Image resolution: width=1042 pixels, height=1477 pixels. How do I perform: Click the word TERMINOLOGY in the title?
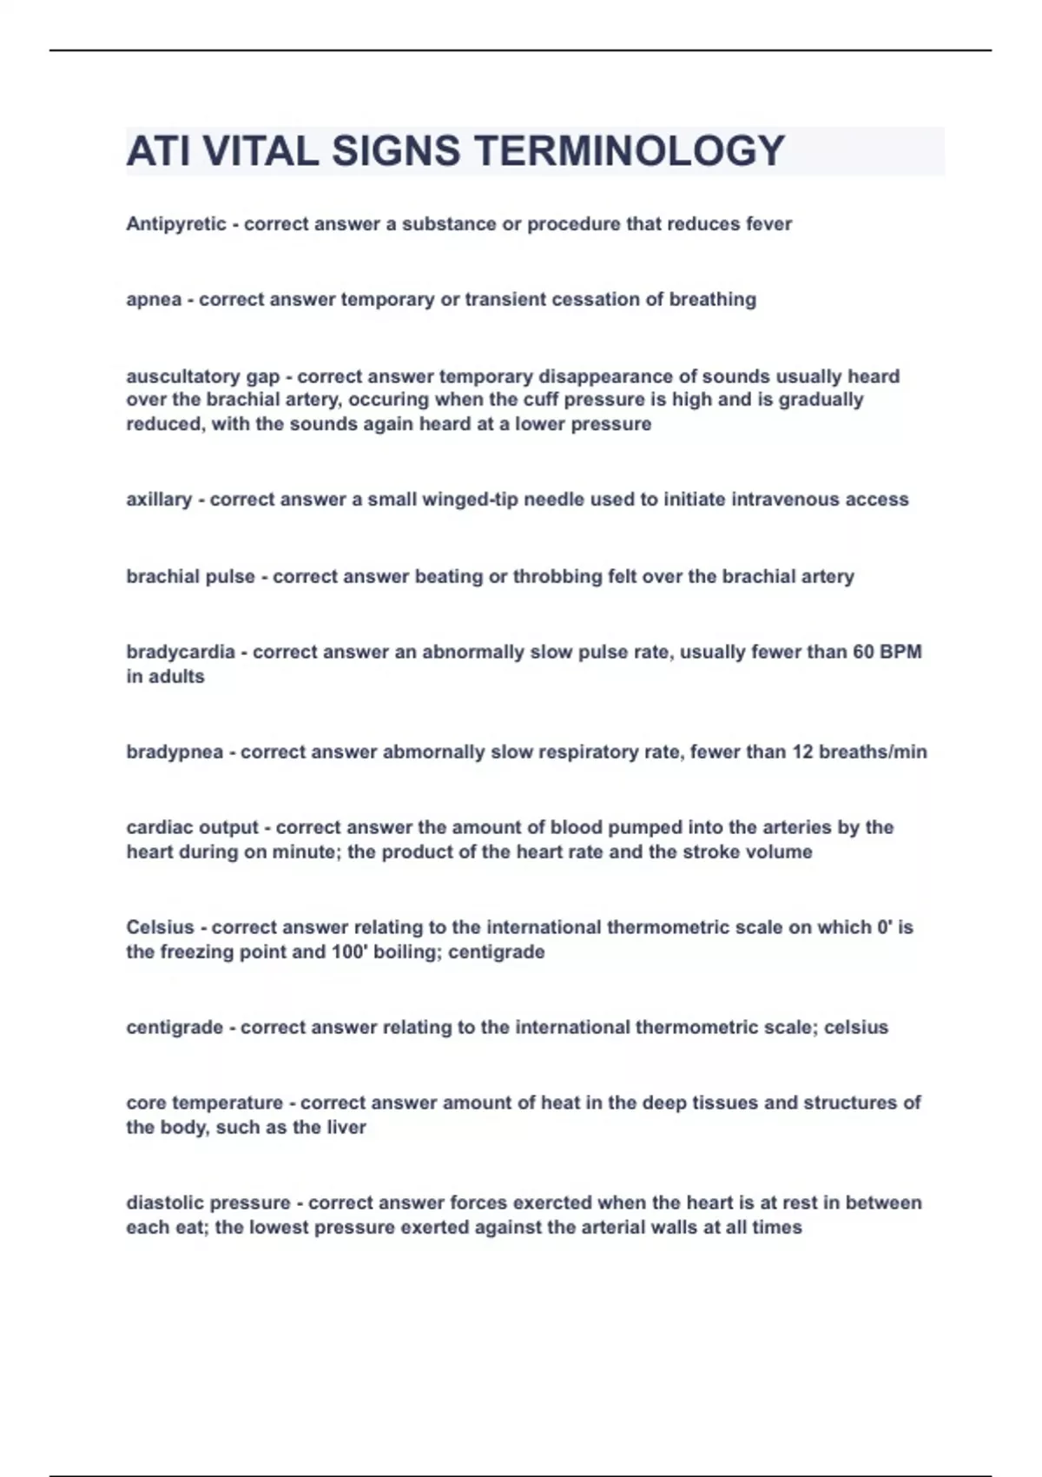point(630,151)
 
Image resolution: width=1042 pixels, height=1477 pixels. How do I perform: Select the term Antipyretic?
point(175,224)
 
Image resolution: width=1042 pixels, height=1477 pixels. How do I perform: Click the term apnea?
point(154,300)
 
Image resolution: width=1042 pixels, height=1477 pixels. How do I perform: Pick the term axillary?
point(159,500)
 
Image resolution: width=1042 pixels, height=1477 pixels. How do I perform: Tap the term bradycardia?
point(180,652)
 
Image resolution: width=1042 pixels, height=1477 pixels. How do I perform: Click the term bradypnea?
point(175,752)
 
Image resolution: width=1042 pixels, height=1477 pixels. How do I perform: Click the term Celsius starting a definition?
point(160,927)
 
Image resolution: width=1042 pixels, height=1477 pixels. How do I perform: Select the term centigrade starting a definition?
point(175,1027)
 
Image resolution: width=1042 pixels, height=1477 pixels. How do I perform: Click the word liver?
point(346,1127)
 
